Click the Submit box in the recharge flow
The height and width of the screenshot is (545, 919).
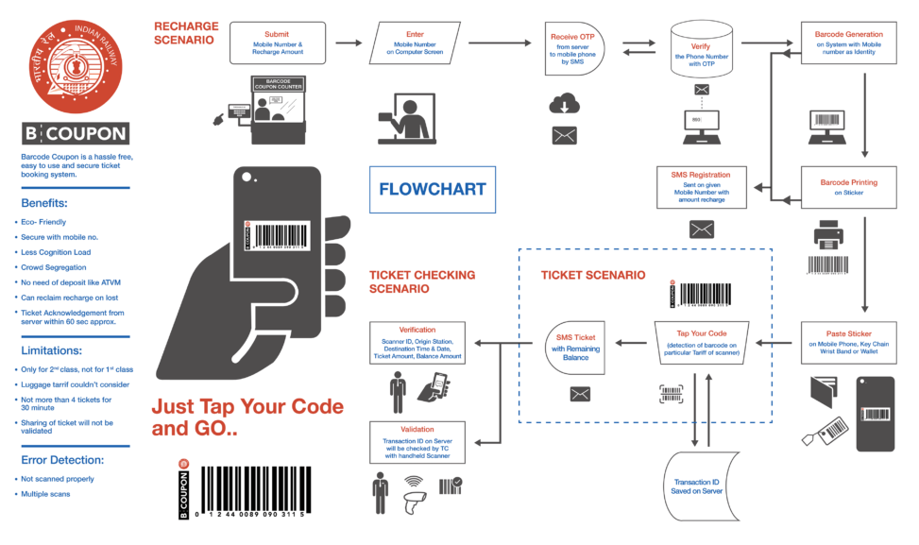coord(277,43)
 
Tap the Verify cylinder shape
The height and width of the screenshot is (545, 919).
coord(701,52)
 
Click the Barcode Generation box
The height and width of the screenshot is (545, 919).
coord(848,43)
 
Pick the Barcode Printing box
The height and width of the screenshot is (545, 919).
coord(848,187)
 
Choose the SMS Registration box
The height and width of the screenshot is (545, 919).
coord(701,187)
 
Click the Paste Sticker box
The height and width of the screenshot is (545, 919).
coord(848,342)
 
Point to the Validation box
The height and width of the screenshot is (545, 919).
coord(417,442)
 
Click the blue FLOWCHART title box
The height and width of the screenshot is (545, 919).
coord(432,189)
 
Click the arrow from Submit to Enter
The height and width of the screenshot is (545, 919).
coord(349,43)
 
